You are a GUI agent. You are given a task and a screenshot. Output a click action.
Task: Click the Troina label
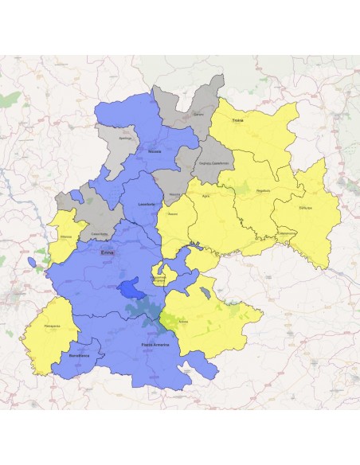[237, 121]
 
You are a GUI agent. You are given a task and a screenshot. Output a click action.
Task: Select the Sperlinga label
[123, 138]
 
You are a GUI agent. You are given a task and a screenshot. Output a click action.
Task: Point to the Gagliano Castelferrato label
[213, 163]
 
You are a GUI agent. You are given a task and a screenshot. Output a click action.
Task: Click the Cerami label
[199, 115]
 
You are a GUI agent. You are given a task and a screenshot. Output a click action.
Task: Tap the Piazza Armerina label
[151, 342]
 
